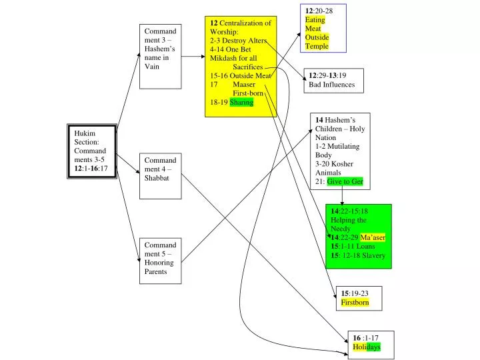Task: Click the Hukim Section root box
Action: (92, 151)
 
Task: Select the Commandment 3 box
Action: (160, 57)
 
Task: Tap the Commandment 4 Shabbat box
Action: (160, 176)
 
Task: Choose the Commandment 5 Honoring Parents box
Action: (160, 261)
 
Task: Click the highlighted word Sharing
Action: (241, 103)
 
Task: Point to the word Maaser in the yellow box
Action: (244, 85)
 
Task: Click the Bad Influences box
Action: (334, 80)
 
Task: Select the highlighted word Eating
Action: (315, 20)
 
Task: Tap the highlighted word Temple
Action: (317, 46)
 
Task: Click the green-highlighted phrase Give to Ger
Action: (345, 181)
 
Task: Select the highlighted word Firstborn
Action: (355, 303)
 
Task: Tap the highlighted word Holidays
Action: (367, 347)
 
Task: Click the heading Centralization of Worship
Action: (240, 27)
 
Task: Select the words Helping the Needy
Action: (349, 224)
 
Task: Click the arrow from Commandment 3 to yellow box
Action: (193, 57)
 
